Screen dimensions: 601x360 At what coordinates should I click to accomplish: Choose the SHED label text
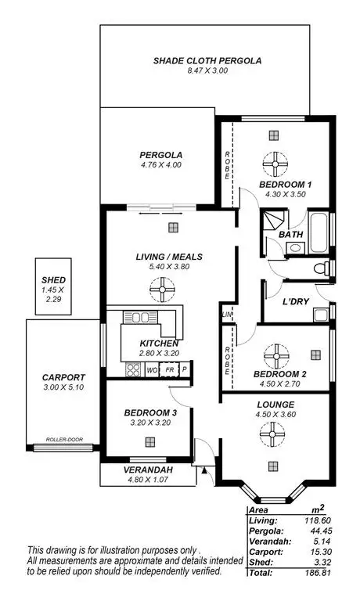[x=53, y=279]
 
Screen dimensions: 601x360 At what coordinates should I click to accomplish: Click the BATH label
[x=290, y=234]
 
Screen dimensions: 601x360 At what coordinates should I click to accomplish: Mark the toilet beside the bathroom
[x=321, y=269]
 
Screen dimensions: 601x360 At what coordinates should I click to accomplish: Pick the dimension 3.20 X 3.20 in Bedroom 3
[x=147, y=422]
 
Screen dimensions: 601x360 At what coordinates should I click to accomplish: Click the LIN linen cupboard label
[x=227, y=315]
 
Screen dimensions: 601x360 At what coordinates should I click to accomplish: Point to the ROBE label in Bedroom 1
[x=227, y=164]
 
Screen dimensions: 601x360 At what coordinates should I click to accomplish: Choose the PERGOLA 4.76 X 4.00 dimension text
[x=160, y=165]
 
